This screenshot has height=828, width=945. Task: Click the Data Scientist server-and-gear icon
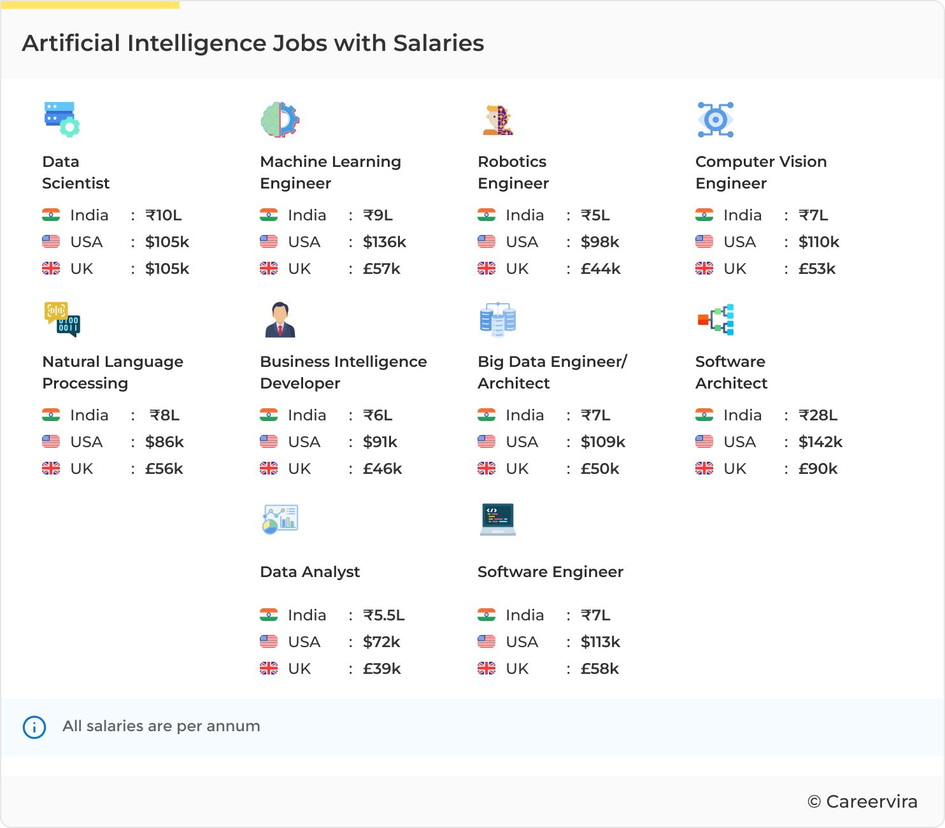(x=62, y=120)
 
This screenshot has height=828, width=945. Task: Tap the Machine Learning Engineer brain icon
(x=280, y=120)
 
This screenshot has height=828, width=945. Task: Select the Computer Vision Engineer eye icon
(x=715, y=120)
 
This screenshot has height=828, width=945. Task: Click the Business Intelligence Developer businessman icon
(x=280, y=320)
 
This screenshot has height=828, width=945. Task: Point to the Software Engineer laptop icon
(x=497, y=520)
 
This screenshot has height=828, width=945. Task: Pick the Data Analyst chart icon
(x=280, y=520)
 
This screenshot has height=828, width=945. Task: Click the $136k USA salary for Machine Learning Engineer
(x=384, y=242)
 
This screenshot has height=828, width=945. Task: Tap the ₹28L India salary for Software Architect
(x=818, y=415)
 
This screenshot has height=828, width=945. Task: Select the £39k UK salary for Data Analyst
(x=381, y=669)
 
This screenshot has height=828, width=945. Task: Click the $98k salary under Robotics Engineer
(x=600, y=242)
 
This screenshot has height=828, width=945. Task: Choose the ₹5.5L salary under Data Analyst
(x=383, y=615)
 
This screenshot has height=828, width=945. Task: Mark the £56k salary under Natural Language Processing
(x=164, y=469)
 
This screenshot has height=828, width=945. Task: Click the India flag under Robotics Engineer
(x=487, y=215)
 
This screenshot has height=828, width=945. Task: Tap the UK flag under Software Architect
(x=704, y=469)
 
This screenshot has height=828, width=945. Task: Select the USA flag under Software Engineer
(x=487, y=642)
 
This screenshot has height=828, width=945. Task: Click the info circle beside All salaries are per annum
(x=34, y=727)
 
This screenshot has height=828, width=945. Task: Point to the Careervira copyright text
(x=862, y=802)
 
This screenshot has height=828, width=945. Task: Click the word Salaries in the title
(x=438, y=43)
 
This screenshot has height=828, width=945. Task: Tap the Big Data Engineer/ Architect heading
(x=552, y=373)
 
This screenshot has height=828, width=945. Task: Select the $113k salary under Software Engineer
(x=600, y=642)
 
